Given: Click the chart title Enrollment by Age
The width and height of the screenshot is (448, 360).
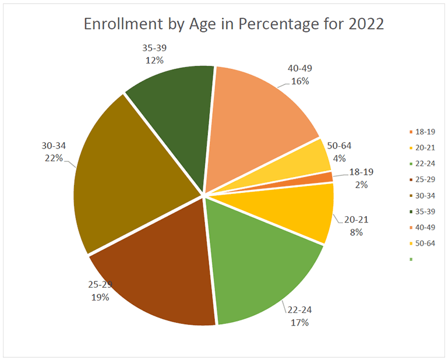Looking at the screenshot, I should [x=234, y=24].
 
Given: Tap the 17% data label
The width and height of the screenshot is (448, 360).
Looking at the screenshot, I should [x=299, y=322].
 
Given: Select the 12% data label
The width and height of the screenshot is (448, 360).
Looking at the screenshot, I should [x=153, y=59].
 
